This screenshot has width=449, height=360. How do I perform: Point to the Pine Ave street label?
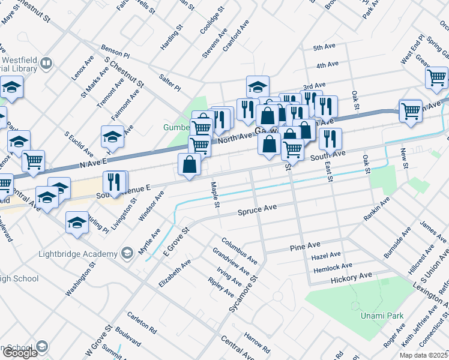(305, 247)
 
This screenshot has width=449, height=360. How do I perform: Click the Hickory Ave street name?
(351, 277)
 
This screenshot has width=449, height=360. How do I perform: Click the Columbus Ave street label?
(239, 251)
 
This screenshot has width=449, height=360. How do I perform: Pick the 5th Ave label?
(324, 47)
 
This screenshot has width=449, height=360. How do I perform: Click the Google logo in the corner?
(20, 353)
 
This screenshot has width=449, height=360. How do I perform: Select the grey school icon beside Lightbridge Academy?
(127, 253)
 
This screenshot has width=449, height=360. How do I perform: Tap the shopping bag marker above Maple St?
(190, 164)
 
